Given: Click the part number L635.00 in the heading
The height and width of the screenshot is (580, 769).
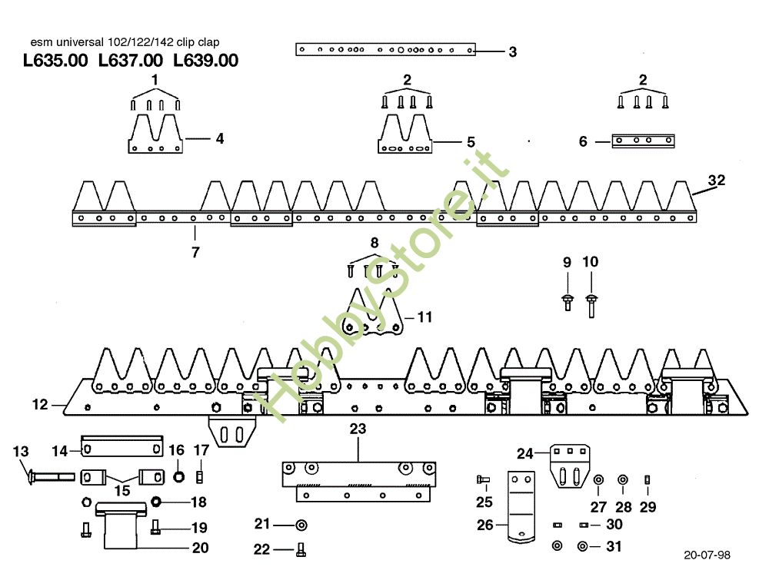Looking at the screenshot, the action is tap(56, 61).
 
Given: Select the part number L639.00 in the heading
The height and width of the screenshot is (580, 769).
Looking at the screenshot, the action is tap(205, 61).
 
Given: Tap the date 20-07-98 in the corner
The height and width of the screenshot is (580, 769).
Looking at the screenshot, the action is tap(705, 554).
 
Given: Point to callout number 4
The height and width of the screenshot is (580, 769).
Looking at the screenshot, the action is tap(219, 139).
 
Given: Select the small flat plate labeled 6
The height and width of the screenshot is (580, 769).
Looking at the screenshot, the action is tap(643, 141).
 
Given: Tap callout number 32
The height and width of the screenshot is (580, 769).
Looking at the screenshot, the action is tap(716, 181).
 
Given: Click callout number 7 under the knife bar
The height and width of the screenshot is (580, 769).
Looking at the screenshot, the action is tap(195, 251).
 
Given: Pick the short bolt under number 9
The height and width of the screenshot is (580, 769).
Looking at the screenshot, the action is tap(568, 300).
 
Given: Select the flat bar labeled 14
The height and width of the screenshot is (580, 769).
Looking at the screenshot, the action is tap(122, 446).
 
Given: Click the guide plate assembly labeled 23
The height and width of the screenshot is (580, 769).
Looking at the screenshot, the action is tap(358, 479).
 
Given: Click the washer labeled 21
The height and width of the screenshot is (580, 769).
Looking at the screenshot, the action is tap(301, 525).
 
